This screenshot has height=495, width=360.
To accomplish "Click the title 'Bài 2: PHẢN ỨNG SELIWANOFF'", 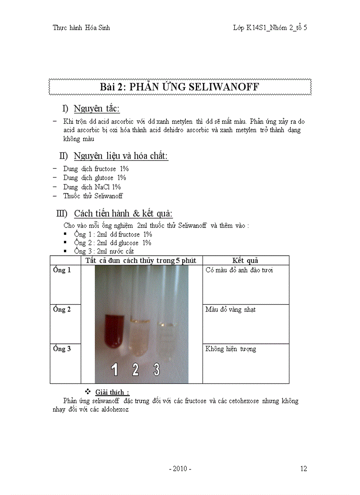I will [180, 87].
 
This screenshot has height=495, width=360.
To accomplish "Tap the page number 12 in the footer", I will [304, 469].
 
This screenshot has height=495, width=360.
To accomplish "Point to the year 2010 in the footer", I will [180, 469].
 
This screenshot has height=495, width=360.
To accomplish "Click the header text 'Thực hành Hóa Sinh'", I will [81, 28].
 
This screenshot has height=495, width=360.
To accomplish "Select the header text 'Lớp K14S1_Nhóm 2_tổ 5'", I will [270, 28].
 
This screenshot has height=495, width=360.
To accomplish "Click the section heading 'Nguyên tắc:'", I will [97, 109].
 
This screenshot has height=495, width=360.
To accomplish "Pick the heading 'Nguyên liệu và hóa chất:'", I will [121, 156].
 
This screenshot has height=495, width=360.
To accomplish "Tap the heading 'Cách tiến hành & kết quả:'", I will [123, 213].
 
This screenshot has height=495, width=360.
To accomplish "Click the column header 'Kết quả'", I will [245, 261].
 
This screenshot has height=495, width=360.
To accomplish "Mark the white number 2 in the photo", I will [135, 369].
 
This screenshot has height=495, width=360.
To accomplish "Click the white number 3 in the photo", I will [157, 369].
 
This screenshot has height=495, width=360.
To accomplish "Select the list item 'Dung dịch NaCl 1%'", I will [92, 187].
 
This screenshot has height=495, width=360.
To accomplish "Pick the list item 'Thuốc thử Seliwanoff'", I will [93, 196].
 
